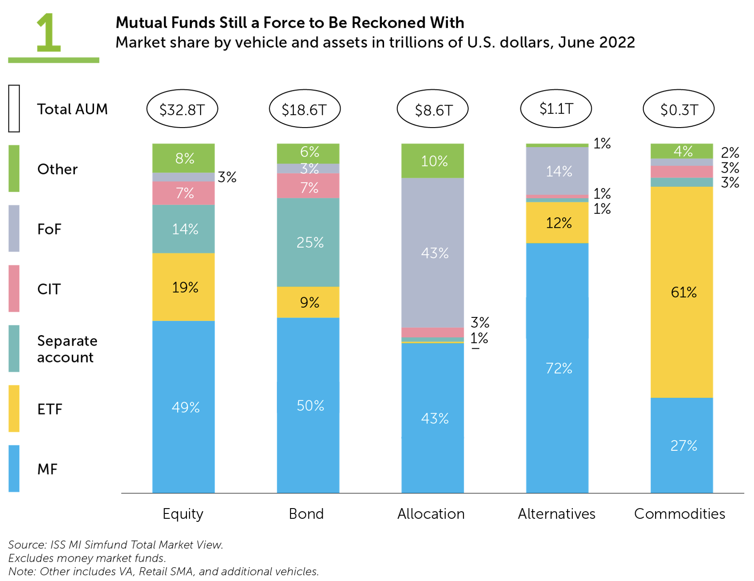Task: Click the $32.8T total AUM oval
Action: pyautogui.click(x=182, y=109)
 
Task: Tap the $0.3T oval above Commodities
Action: pyautogui.click(x=679, y=109)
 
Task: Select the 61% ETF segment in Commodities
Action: pyautogui.click(x=682, y=292)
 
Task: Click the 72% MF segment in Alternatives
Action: pyautogui.click(x=557, y=367)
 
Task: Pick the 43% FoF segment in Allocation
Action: pyautogui.click(x=433, y=253)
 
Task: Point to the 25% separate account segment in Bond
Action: pyautogui.click(x=308, y=242)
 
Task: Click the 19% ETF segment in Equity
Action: pyautogui.click(x=183, y=287)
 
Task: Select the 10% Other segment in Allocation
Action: pyautogui.click(x=433, y=161)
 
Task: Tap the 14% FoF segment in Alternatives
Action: pyautogui.click(x=557, y=171)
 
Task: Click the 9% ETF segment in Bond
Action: pyautogui.click(x=308, y=302)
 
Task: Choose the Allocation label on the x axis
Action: pyautogui.click(x=431, y=513)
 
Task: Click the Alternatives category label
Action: pyautogui.click(x=556, y=513)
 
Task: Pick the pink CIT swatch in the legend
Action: pyautogui.click(x=14, y=288)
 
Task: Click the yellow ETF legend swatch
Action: pyautogui.click(x=14, y=408)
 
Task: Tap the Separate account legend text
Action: pyautogui.click(x=67, y=349)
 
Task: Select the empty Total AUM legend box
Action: pyautogui.click(x=14, y=109)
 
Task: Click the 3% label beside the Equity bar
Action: pyautogui.click(x=227, y=177)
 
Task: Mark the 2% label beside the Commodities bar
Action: pyautogui.click(x=730, y=153)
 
